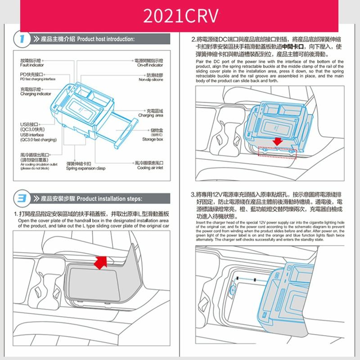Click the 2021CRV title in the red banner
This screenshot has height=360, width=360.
(x=180, y=15)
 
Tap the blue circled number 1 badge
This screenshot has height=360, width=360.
(x=19, y=39)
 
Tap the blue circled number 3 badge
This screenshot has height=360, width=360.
(x=19, y=198)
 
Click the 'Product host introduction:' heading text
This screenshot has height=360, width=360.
(x=106, y=40)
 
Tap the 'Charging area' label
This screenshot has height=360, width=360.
(x=151, y=116)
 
